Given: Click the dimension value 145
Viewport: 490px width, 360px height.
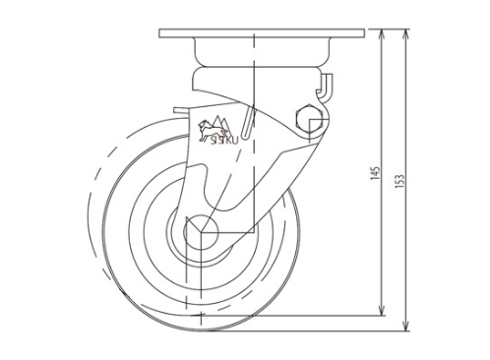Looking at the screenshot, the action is (x=376, y=173).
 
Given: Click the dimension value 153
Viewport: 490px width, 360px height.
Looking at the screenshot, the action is (x=399, y=181).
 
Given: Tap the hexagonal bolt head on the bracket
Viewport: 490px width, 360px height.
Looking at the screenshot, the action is (x=309, y=119).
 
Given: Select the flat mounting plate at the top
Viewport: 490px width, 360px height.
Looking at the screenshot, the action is (x=262, y=33).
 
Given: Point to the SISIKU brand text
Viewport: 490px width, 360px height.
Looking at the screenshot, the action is (x=224, y=141).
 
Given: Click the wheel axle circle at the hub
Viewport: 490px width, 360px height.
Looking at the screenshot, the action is (x=201, y=232).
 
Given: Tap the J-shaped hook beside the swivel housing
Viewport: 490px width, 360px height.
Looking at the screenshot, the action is (x=326, y=86).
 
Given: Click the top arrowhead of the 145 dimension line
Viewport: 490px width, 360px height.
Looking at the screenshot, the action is (x=382, y=34).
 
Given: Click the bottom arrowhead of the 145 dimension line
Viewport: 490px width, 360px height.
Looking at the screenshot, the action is (x=382, y=311).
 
